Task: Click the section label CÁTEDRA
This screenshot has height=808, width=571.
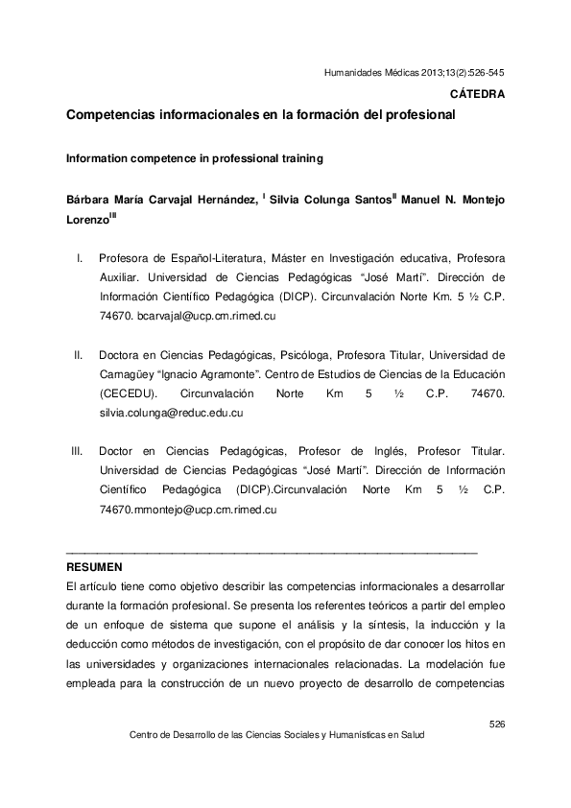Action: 477,94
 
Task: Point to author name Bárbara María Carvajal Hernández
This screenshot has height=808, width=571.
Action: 161,200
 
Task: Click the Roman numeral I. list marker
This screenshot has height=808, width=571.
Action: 80,258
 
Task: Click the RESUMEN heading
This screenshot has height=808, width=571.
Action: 94,566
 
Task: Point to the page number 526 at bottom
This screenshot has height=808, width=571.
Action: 496,723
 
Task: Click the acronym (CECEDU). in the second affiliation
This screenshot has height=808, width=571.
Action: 130,394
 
